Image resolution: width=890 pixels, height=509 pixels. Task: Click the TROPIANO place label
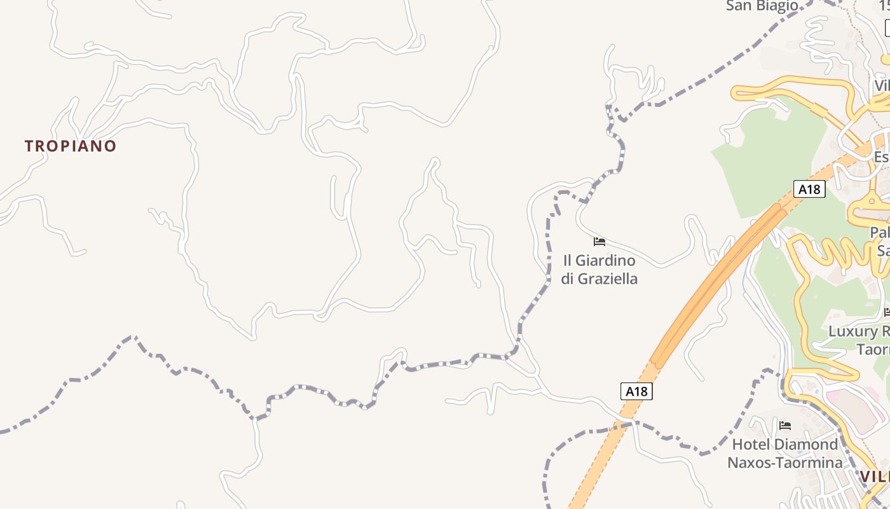tap(71, 146)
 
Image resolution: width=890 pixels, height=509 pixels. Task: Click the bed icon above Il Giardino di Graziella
tap(599, 242)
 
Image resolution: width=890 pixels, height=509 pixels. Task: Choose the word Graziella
tap(608, 279)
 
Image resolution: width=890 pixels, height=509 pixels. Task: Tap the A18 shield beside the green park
tap(809, 189)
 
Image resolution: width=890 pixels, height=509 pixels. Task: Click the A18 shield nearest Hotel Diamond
tap(636, 391)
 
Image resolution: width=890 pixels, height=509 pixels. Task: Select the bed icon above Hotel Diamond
tap(785, 426)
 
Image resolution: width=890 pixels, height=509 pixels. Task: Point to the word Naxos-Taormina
tap(785, 463)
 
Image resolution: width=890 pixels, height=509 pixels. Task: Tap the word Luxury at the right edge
tap(852, 331)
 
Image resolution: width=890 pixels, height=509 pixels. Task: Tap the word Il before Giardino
tap(568, 260)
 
